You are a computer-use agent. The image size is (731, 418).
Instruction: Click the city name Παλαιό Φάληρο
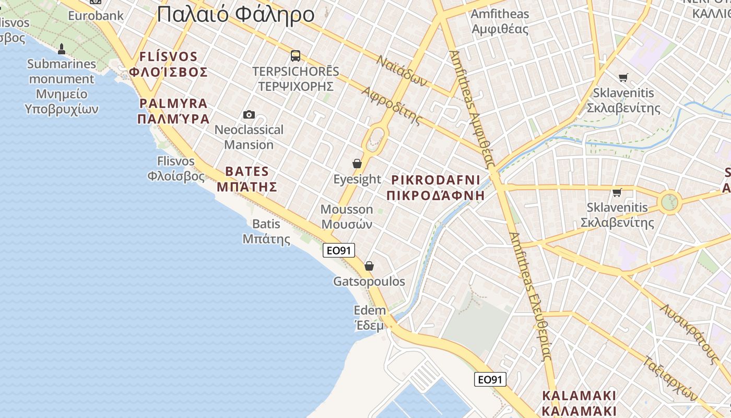235,14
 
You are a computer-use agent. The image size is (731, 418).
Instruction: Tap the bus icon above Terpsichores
296,56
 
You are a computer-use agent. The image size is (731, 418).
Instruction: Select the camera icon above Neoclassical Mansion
249,114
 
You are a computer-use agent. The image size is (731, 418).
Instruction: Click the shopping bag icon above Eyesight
357,164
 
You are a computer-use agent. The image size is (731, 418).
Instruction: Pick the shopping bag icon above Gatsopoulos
369,266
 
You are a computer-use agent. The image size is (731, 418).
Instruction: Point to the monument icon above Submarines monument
62,49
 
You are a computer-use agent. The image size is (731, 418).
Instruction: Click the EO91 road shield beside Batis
339,251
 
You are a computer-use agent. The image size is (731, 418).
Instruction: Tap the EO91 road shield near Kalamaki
490,379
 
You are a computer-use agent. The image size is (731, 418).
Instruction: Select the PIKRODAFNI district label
436,188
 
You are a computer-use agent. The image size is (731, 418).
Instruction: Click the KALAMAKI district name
579,403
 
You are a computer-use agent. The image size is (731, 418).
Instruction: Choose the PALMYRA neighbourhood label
173,111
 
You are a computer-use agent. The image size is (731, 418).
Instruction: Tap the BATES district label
247,179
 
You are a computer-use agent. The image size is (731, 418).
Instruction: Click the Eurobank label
96,16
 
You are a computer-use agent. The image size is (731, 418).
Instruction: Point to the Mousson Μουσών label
347,217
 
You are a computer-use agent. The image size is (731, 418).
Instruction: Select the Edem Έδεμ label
370,317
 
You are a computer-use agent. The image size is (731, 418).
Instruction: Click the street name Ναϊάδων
403,71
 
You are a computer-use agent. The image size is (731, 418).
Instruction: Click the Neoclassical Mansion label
249,137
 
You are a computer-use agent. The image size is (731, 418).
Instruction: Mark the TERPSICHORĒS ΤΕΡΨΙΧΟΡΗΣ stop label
296,78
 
